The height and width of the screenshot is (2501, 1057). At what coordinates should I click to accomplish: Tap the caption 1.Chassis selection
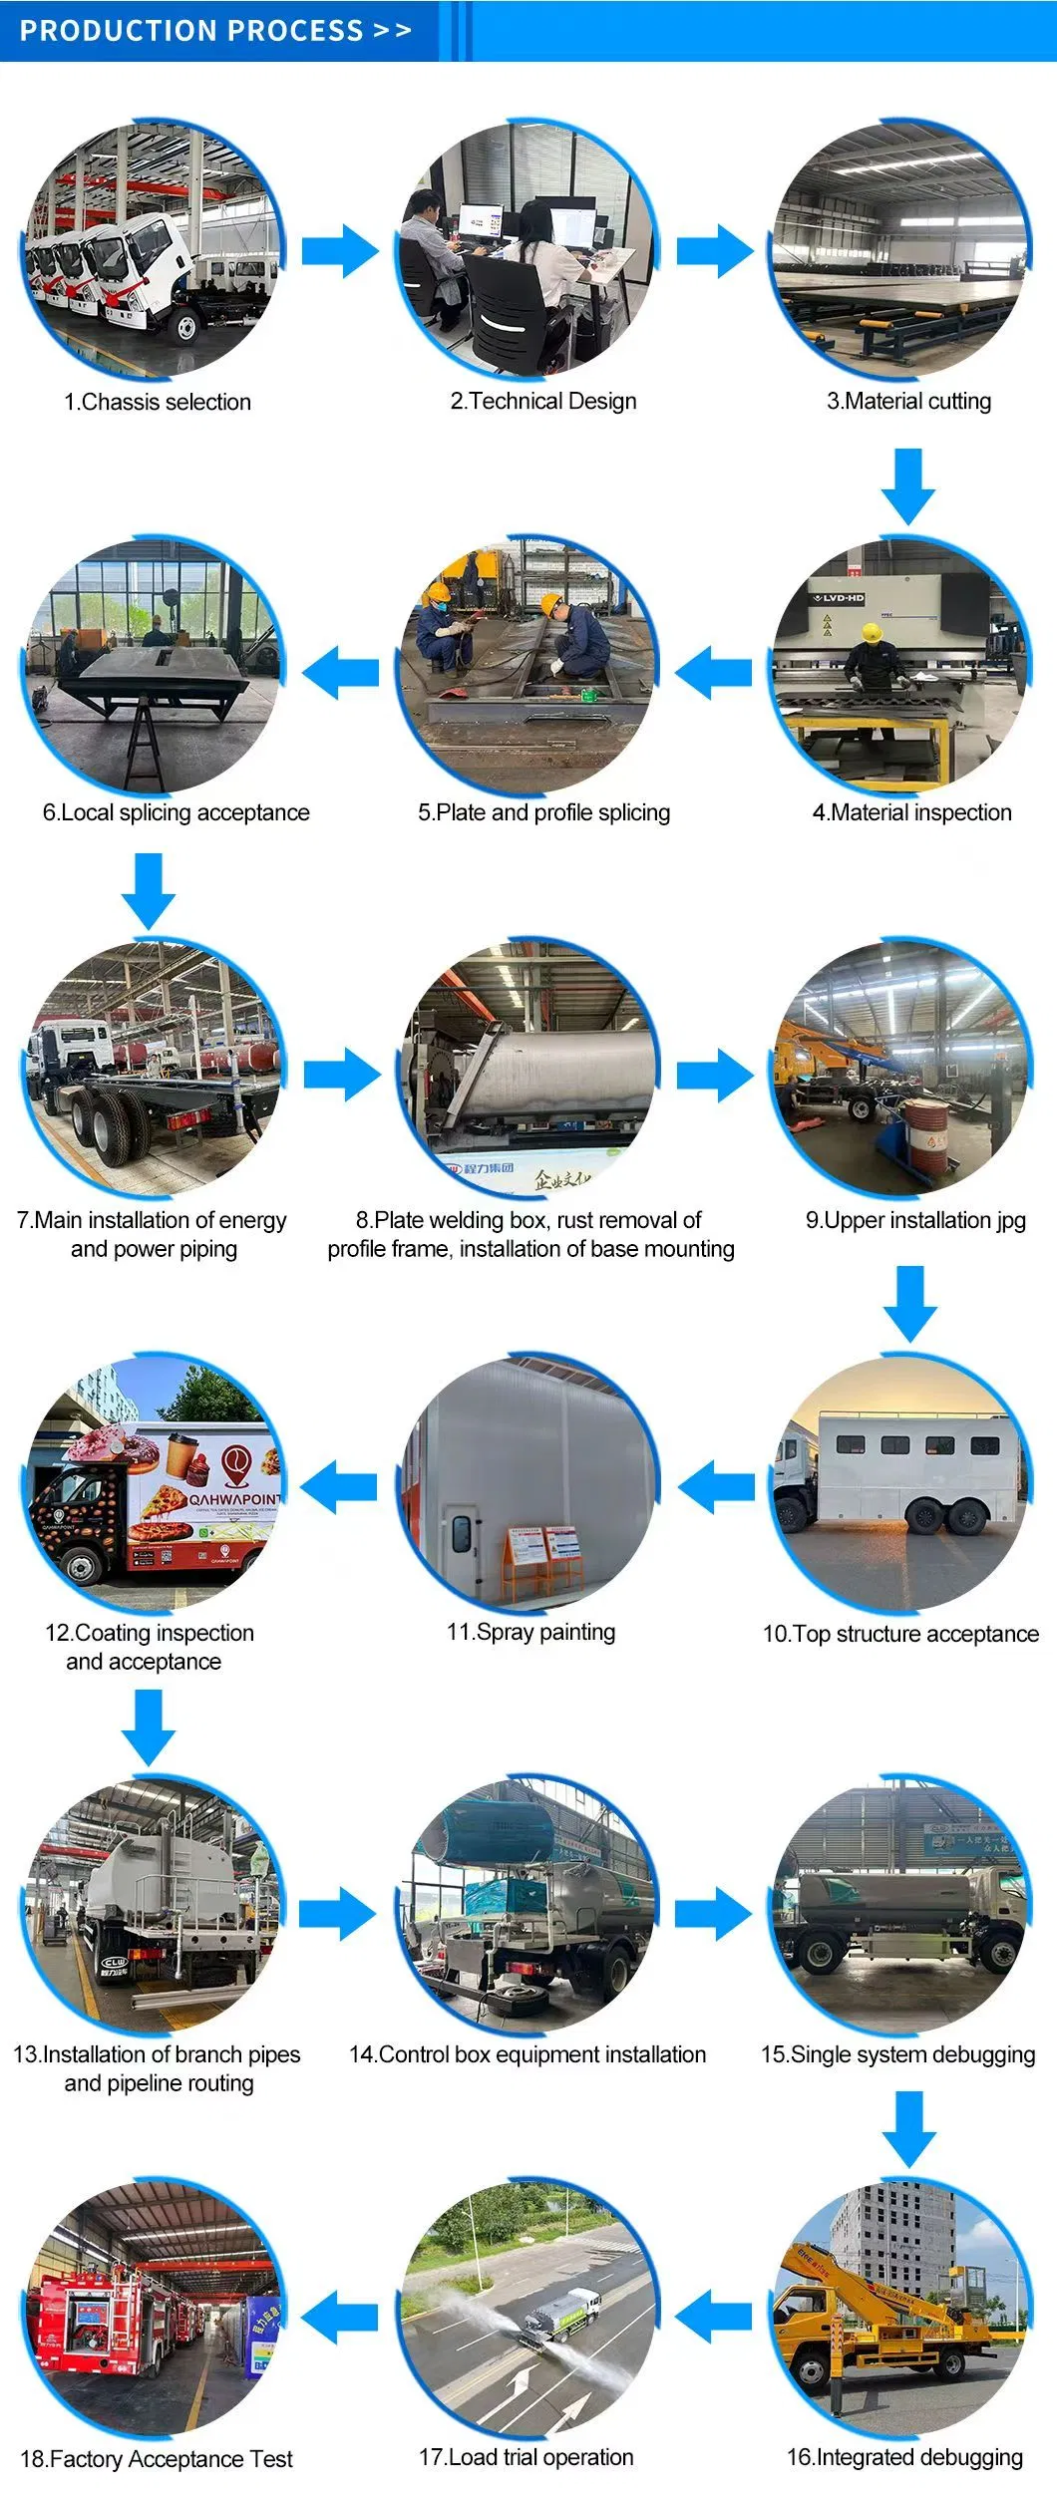[158, 402]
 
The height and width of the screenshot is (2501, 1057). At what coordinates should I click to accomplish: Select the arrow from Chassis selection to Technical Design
[340, 250]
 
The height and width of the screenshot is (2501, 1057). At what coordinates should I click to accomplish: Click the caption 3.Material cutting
[908, 401]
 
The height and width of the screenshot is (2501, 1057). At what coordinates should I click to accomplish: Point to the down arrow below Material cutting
[907, 486]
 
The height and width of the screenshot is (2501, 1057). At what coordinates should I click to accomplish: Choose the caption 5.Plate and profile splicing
[543, 812]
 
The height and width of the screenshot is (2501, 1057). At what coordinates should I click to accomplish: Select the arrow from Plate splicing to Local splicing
[340, 672]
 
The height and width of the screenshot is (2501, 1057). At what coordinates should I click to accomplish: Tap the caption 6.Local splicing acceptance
[176, 812]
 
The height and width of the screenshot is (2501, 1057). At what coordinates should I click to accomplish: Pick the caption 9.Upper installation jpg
[915, 1220]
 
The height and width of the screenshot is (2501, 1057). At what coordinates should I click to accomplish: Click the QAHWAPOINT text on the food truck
[235, 1498]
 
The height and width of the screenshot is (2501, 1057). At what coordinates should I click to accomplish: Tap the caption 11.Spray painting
[530, 1632]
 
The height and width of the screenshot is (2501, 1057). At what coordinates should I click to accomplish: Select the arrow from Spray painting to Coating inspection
[339, 1488]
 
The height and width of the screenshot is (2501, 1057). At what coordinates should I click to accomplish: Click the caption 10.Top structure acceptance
[900, 1634]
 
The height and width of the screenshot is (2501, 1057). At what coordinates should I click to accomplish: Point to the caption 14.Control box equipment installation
[528, 2054]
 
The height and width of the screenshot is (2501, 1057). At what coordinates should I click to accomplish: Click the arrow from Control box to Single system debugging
[714, 1914]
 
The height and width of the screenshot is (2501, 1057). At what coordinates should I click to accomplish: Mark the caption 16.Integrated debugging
[904, 2457]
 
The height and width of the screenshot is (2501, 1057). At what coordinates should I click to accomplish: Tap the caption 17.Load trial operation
[526, 2457]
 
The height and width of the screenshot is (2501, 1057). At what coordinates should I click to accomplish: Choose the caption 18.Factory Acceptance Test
[157, 2459]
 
